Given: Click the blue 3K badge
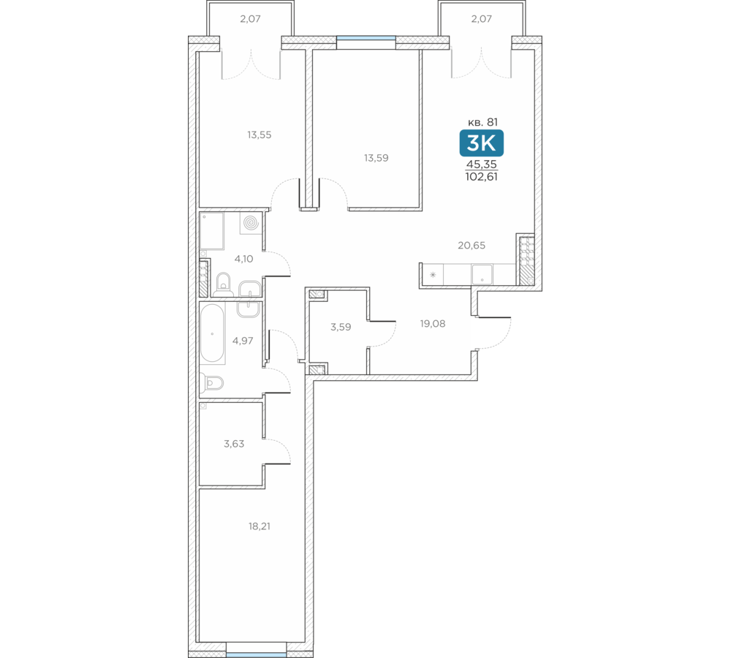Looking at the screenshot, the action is [x=481, y=143].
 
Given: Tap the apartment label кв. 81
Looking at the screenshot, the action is [x=482, y=122].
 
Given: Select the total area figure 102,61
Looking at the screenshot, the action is [x=481, y=177].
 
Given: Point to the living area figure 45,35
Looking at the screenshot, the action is [x=482, y=164].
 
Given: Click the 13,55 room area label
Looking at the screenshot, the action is [x=260, y=135].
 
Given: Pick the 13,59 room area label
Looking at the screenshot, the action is [x=376, y=158].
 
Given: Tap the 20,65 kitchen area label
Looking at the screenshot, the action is [x=471, y=246].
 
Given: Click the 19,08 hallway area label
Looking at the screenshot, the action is [x=433, y=324].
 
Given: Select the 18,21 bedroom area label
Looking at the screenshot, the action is [x=260, y=526].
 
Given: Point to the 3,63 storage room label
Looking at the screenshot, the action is [x=234, y=444].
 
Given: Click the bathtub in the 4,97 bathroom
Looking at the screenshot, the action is [x=213, y=333].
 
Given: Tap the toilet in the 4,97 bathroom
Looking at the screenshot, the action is [x=212, y=383].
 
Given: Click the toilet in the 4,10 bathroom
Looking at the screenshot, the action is [x=224, y=284].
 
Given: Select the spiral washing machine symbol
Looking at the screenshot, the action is [x=251, y=223].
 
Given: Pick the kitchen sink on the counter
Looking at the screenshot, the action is [x=482, y=274].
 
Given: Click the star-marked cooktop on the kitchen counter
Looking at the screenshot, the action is [x=433, y=274].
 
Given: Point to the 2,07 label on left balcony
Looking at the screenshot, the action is [x=250, y=19].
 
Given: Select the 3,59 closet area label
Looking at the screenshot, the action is [x=341, y=328].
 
